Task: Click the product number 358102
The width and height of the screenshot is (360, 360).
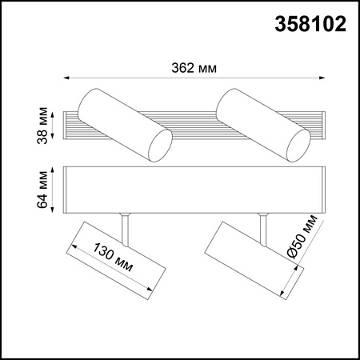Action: coord(310,24)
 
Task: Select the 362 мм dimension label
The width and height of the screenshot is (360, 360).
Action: coord(194,68)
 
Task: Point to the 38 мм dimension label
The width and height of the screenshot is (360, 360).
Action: coord(42,126)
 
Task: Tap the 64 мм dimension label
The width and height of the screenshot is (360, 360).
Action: coord(42,190)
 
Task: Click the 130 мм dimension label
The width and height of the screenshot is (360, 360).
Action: coord(113,257)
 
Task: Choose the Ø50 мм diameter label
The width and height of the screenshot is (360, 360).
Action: coord(302,236)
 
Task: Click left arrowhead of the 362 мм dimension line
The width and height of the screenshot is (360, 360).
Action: coord(66,78)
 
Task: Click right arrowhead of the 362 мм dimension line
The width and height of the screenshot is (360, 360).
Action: coord(322,78)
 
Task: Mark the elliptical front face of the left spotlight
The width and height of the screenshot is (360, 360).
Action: coord(160,146)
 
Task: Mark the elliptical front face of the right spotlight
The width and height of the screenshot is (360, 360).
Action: coord(298,146)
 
